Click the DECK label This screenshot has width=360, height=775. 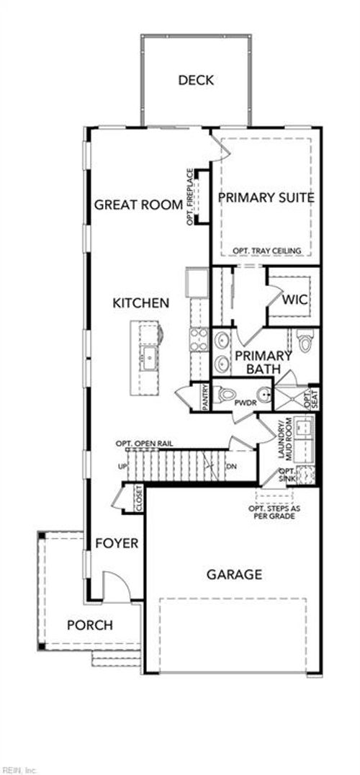(x=196, y=80)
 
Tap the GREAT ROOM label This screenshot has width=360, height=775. (x=139, y=205)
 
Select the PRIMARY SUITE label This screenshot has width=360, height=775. (x=266, y=197)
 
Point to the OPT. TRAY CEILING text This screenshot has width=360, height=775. (x=266, y=251)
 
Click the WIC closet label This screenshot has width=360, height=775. (x=295, y=299)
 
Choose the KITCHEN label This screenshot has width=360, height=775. (x=141, y=303)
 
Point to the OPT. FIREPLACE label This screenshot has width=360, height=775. (x=190, y=197)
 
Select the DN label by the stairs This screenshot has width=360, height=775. (x=231, y=467)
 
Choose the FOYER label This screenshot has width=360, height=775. (x=117, y=543)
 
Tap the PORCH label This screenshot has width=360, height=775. (x=90, y=624)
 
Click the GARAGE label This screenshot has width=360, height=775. (x=234, y=574)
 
